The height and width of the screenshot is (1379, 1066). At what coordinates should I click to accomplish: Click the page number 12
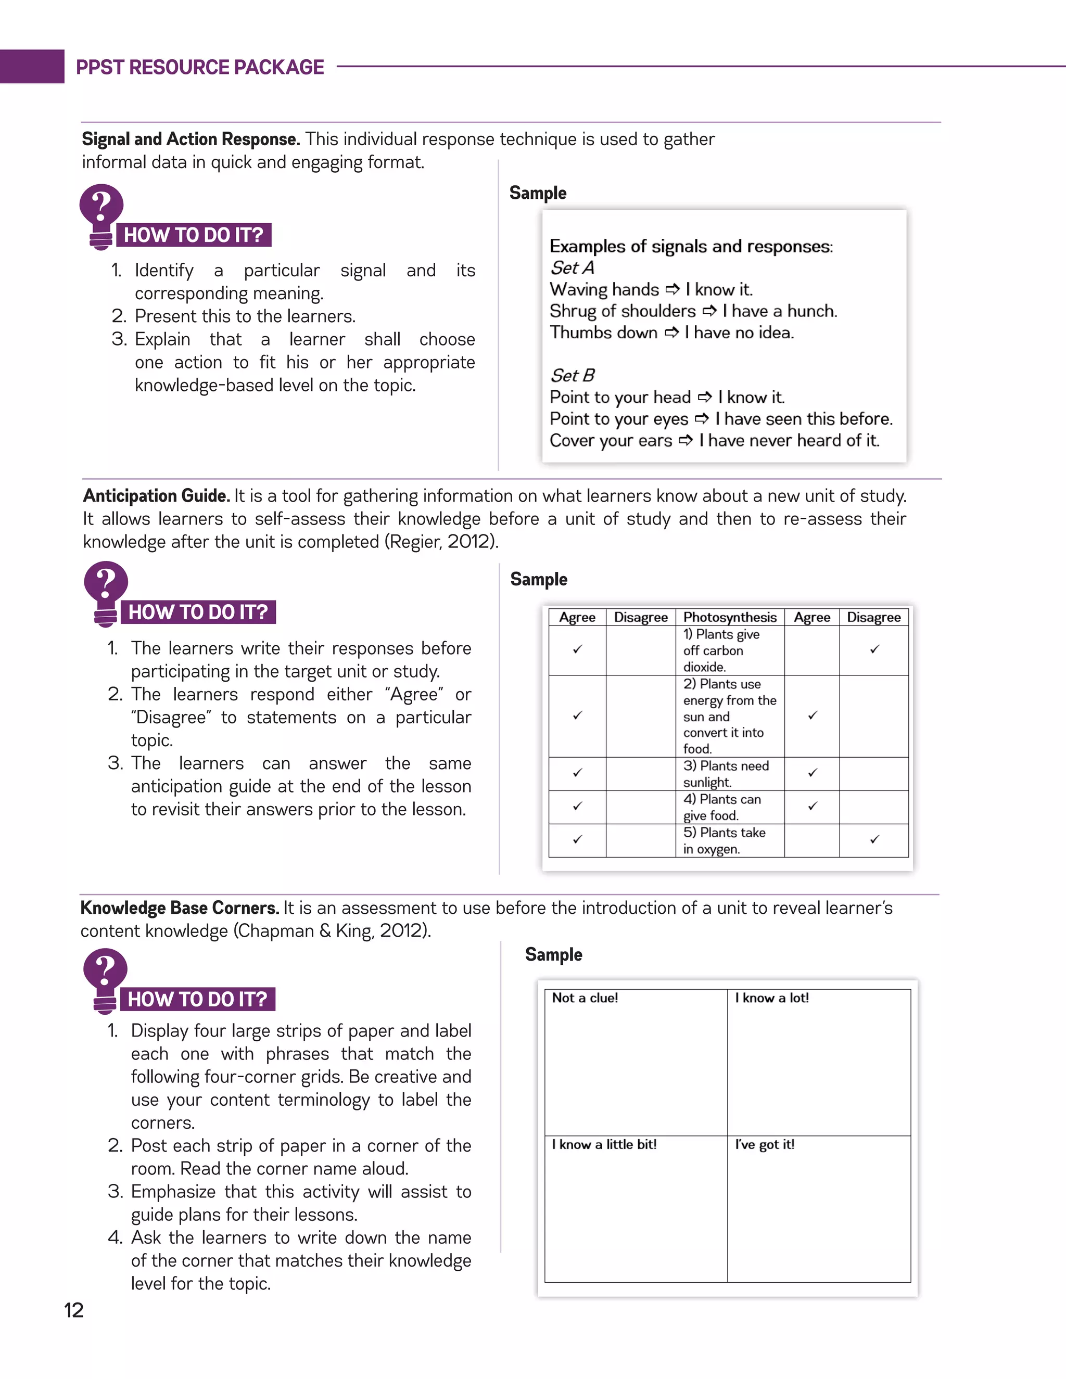coord(74,1310)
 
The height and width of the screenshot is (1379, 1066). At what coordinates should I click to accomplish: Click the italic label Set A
coord(572,267)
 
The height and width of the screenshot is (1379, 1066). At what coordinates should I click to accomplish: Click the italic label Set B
coord(572,376)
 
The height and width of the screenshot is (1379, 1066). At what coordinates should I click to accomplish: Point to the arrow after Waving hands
coord(672,290)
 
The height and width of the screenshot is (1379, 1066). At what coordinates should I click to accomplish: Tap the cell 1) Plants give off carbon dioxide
coord(729,650)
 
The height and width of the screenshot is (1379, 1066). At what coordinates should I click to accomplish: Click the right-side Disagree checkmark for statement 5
coord(874,840)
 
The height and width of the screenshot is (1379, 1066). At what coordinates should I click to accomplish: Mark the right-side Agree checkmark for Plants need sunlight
coord(812,773)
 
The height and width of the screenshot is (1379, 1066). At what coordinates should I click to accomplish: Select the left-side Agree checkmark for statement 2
coord(577,716)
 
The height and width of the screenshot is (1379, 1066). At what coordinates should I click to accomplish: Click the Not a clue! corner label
coord(585,998)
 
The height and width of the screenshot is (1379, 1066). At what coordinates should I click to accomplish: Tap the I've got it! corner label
coord(764,1144)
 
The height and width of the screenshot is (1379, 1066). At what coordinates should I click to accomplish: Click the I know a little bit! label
coord(604,1144)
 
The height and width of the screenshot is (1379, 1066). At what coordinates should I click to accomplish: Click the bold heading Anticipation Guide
coord(156,495)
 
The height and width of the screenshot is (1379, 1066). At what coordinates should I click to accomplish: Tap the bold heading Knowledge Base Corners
coord(180,908)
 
